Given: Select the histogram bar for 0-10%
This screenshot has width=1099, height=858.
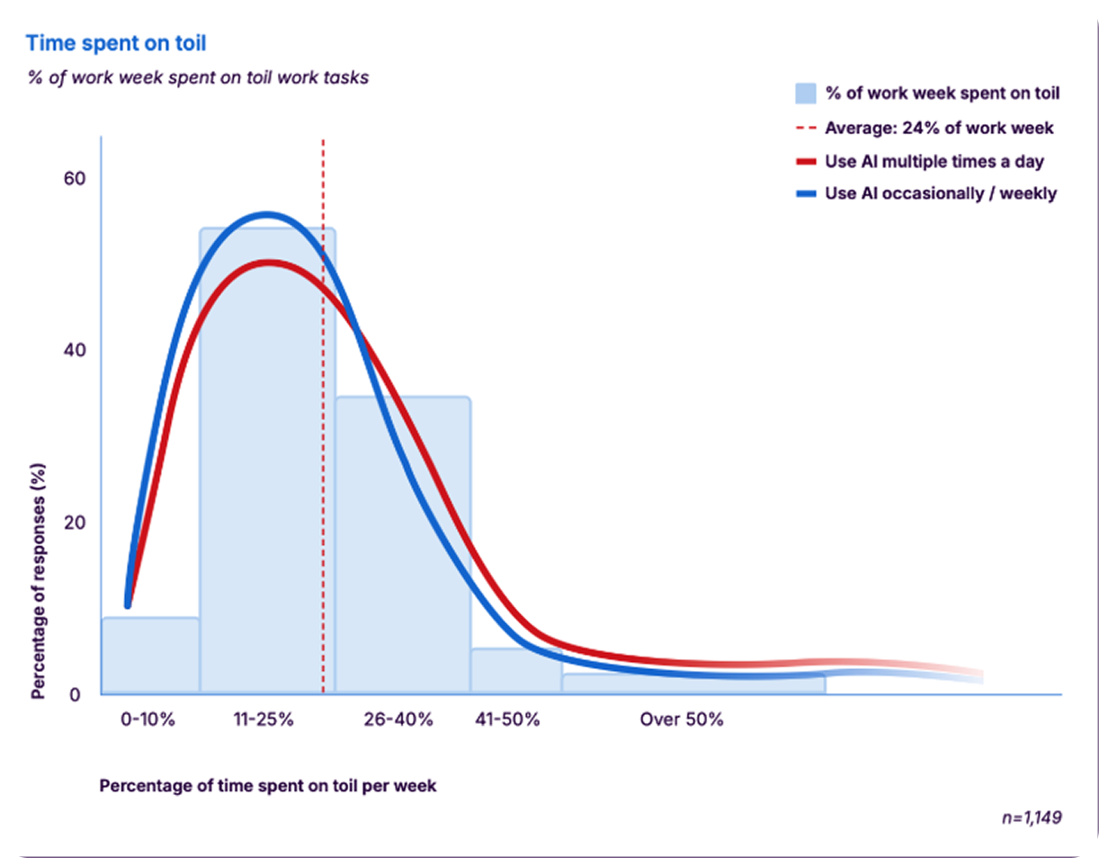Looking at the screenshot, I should click(x=150, y=656).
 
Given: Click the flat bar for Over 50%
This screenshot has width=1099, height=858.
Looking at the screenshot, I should click(x=692, y=684).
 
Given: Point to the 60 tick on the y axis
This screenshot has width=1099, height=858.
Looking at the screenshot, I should click(x=73, y=178).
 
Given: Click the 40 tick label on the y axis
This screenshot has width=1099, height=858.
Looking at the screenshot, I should click(x=73, y=351).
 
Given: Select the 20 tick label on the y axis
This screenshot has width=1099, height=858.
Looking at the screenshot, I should click(x=73, y=523).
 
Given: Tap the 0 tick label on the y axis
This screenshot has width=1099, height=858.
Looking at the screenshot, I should click(x=78, y=694).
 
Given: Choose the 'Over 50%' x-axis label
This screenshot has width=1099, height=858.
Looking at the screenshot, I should click(x=682, y=720).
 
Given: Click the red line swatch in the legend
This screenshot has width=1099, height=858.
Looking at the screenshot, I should click(x=805, y=163).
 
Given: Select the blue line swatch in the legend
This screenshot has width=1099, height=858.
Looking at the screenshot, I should click(x=805, y=193).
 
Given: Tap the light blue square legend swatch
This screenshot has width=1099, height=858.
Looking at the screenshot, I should click(x=806, y=94).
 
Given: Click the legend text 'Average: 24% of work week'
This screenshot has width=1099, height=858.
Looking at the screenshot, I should click(x=939, y=128).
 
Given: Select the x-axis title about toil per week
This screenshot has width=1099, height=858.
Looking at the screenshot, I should click(x=268, y=785).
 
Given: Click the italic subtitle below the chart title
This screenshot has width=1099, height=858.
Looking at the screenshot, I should click(x=197, y=77).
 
